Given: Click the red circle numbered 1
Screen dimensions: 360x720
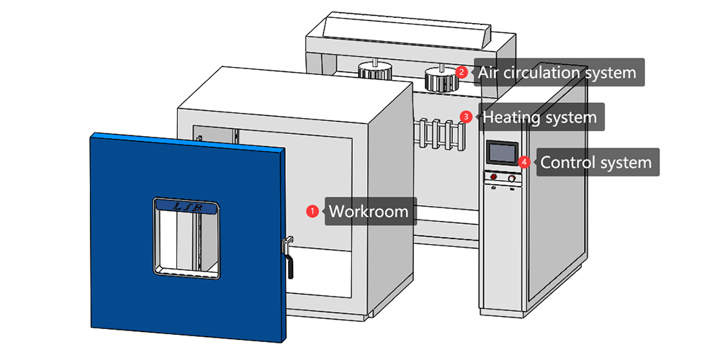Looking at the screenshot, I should click(312, 212).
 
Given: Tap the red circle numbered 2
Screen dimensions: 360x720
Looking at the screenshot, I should click(462, 73).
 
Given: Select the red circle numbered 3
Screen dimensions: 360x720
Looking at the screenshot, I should click(467, 116).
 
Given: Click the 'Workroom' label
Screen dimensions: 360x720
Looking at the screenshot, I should click(369, 212).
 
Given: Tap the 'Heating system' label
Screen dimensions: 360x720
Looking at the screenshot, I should click(539, 116).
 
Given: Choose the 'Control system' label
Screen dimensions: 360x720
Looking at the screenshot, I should click(595, 163).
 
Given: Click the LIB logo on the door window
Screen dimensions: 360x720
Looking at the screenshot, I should click(186, 207).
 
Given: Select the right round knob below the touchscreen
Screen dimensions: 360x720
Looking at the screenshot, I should click(512, 179).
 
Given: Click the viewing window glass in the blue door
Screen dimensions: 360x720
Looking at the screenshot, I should click(186, 241).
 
